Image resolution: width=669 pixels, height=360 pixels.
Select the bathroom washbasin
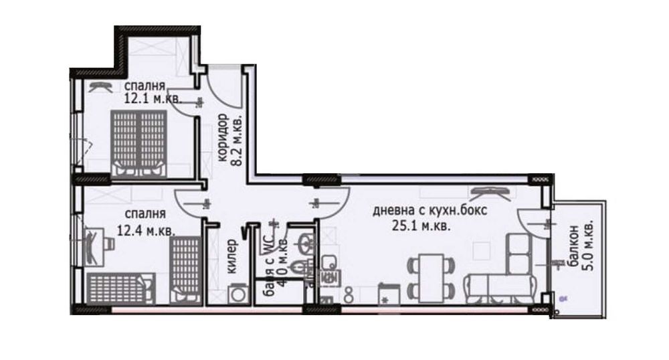[304, 242]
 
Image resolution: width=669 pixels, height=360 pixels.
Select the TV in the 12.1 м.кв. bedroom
[100, 84]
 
